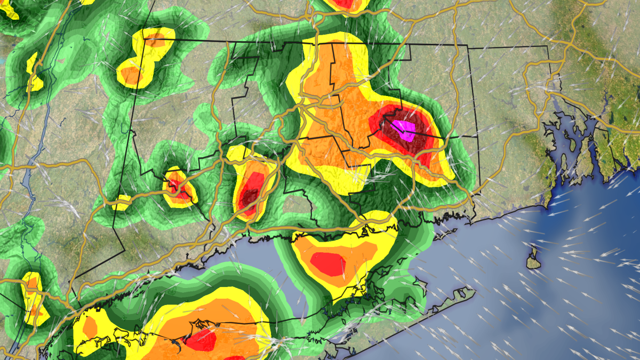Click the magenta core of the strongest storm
tap(404, 130)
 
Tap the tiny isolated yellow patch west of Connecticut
tap(122, 202)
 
